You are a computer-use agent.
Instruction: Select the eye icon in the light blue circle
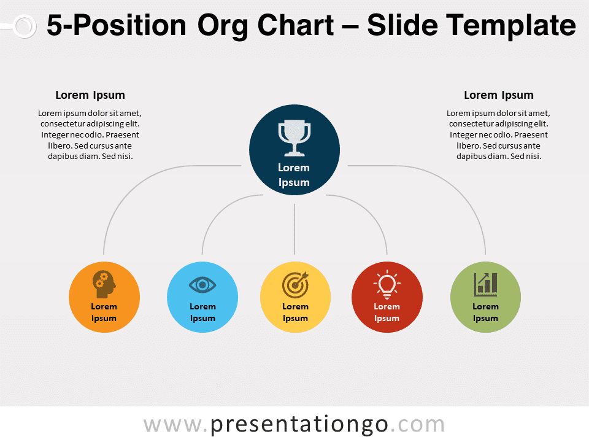pyautogui.click(x=202, y=285)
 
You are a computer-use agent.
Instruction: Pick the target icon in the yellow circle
pyautogui.click(x=295, y=284)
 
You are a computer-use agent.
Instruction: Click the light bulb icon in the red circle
pyautogui.click(x=387, y=284)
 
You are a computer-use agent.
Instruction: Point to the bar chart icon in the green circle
pyautogui.click(x=486, y=284)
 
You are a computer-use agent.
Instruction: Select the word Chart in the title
pyautogui.click(x=296, y=25)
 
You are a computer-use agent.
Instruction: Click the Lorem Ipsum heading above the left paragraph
pyautogui.click(x=90, y=95)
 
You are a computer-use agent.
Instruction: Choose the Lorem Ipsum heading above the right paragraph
pyautogui.click(x=499, y=95)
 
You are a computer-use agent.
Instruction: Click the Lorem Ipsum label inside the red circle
pyautogui.click(x=387, y=312)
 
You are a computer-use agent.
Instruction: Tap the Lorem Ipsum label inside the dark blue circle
pyautogui.click(x=294, y=175)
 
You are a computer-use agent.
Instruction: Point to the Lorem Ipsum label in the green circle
pyautogui.click(x=486, y=312)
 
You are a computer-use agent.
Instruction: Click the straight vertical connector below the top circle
pyautogui.click(x=294, y=229)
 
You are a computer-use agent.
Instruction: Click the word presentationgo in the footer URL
pyautogui.click(x=299, y=425)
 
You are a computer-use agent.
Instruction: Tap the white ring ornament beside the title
pyautogui.click(x=24, y=26)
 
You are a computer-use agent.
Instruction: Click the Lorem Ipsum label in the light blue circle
pyautogui.click(x=203, y=312)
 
